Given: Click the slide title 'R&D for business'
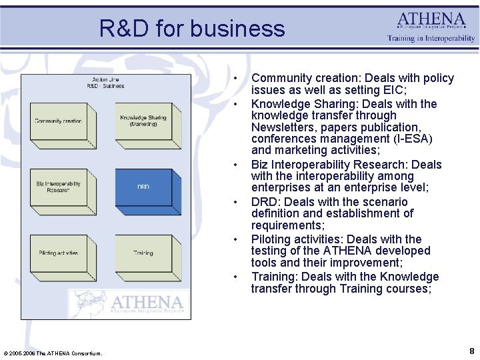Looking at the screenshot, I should pos(192,29).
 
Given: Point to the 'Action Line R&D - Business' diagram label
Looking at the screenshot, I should pos(105,83).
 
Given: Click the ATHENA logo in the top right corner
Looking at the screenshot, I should pos(432,19).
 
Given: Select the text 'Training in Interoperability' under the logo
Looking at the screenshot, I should pos(431,39).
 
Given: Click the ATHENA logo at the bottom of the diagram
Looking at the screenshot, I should pos(130,304).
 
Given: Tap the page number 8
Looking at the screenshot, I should pos(471,351).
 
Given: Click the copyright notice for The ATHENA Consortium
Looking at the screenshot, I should pos(53,353).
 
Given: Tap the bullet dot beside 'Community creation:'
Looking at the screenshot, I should pos(237,79).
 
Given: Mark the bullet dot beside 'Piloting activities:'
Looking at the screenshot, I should pos(237,239).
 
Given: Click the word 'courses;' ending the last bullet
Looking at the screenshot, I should pos(408,289).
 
